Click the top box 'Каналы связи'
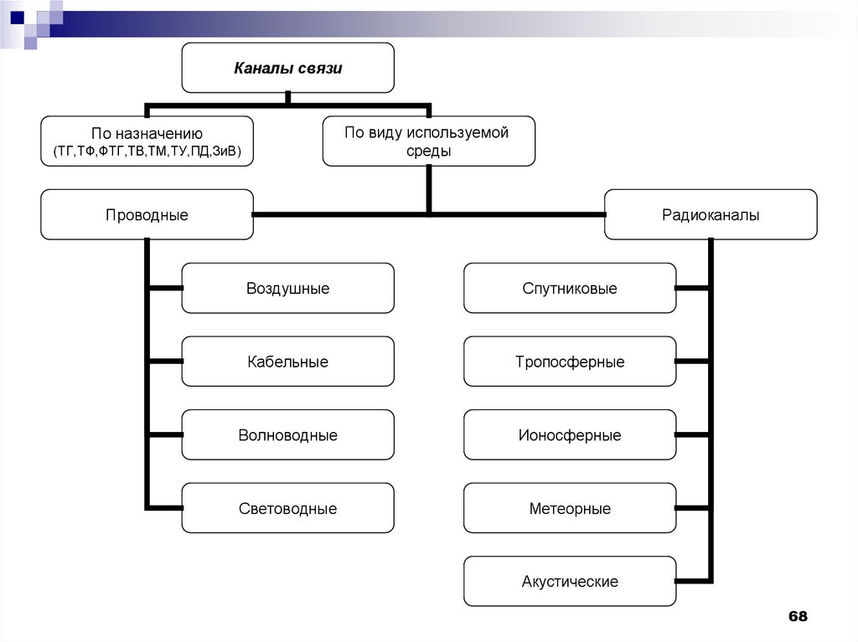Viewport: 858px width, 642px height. tap(287, 68)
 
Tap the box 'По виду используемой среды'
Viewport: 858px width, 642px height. tap(428, 141)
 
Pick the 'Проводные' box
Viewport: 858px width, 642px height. tap(147, 215)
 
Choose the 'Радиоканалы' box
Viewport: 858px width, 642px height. tap(711, 215)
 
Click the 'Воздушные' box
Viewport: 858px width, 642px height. tap(287, 289)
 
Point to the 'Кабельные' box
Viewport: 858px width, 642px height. tap(287, 362)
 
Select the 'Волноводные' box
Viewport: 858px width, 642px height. tap(287, 435)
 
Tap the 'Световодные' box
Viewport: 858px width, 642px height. tap(287, 508)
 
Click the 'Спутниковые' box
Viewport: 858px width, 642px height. tap(570, 289)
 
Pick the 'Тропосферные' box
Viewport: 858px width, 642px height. tap(570, 362)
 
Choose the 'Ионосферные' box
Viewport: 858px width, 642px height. tap(570, 435)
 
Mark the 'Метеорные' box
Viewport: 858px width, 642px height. tap(570, 508)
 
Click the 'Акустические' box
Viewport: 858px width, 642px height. tap(570, 581)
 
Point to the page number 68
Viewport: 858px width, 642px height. tap(797, 617)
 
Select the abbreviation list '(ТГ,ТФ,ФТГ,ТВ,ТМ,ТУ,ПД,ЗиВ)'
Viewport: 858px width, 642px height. tap(147, 151)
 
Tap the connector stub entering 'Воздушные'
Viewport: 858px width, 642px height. tap(166, 289)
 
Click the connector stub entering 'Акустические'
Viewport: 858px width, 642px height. tap(693, 581)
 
